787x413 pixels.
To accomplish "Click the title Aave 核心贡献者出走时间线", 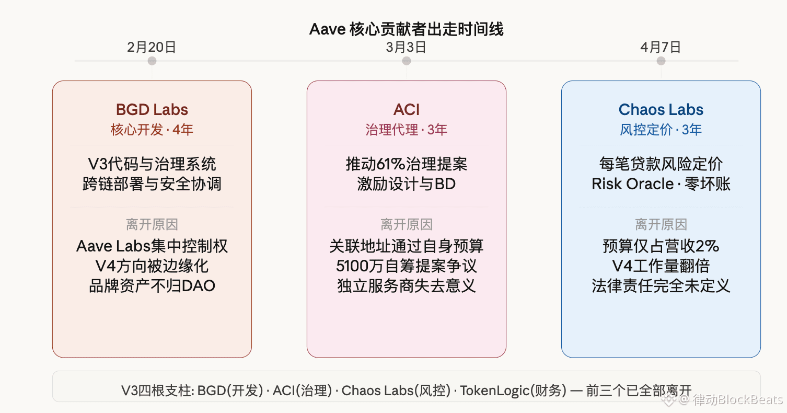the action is (x=406, y=29).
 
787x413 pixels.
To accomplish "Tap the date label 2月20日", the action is (x=152, y=47).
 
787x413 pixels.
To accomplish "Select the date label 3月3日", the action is (x=406, y=47).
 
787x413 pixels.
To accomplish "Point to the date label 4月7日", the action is (x=661, y=47).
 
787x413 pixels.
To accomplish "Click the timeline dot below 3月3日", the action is (x=407, y=61).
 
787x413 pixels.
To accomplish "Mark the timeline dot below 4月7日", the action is (x=661, y=61).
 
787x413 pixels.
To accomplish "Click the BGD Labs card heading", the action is (x=152, y=110).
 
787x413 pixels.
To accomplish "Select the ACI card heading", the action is (x=407, y=110).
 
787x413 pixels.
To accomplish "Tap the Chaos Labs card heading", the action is (x=661, y=110).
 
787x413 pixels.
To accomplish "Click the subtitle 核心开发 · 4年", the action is (x=152, y=130).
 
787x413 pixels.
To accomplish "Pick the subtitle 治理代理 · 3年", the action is (x=407, y=130).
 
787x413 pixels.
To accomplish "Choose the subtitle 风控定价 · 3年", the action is (x=661, y=130).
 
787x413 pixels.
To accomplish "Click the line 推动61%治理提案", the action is (x=407, y=164).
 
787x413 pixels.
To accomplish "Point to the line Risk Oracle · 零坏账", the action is (x=661, y=184).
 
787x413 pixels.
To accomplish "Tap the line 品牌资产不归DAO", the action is (x=152, y=286).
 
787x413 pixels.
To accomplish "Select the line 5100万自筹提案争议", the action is (x=407, y=266).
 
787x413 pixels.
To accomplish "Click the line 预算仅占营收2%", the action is (x=661, y=246).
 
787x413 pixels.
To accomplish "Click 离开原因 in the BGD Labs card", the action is (x=152, y=225).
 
